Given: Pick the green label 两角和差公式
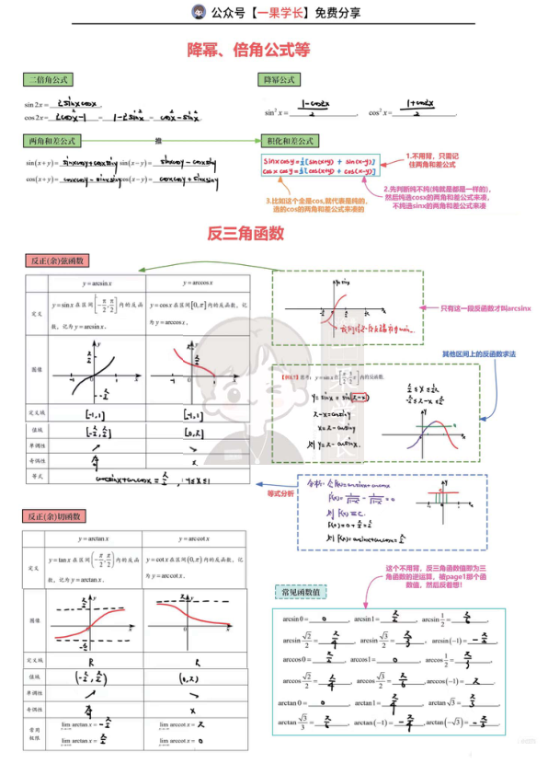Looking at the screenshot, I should (x=52, y=141).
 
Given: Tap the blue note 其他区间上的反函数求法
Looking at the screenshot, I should (x=479, y=354).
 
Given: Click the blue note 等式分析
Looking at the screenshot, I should (x=280, y=493).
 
